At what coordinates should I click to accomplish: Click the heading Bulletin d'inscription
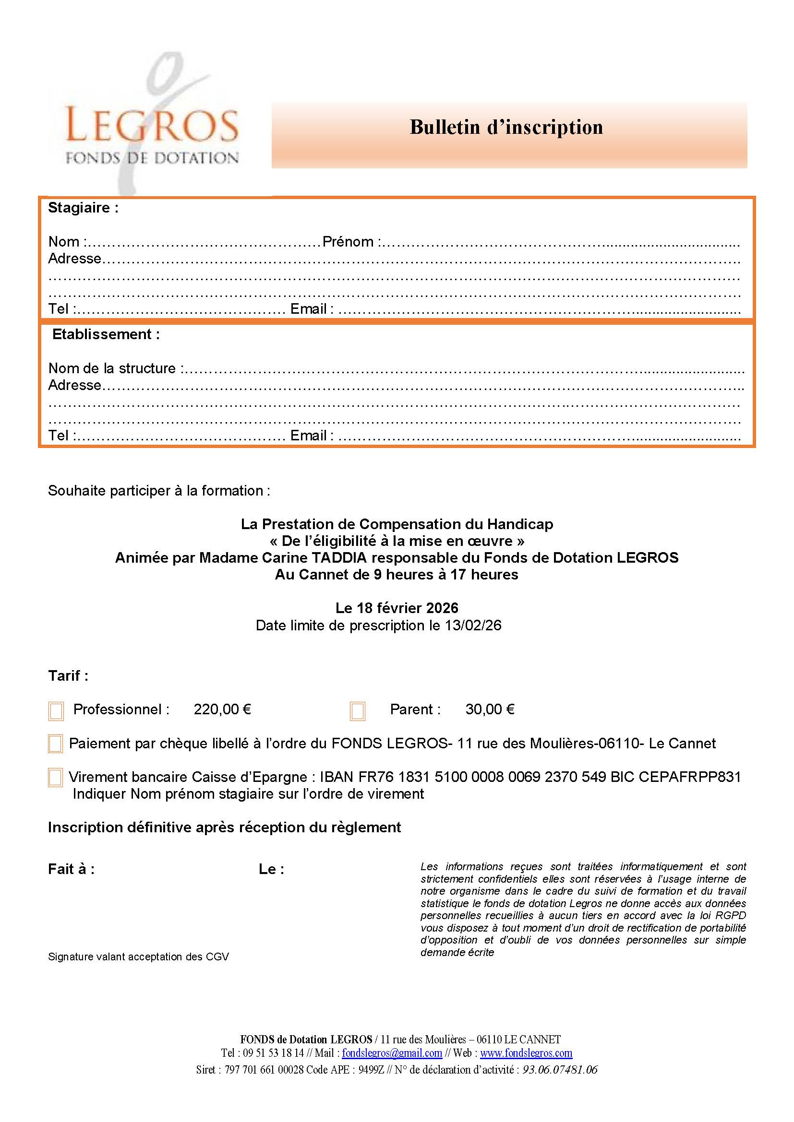(506, 128)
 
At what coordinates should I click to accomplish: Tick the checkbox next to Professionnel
(56, 711)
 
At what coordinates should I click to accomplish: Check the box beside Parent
(358, 711)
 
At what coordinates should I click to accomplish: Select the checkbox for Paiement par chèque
(55, 744)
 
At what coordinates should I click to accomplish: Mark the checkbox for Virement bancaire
(55, 778)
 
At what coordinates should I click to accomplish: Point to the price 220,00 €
(222, 709)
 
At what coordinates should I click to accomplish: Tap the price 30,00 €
(490, 709)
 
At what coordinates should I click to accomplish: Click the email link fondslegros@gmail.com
(392, 1053)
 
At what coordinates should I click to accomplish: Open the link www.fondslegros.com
(526, 1053)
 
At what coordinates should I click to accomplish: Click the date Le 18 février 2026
(397, 608)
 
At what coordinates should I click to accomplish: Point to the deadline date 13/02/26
(473, 626)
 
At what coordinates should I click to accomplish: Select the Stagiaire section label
(83, 208)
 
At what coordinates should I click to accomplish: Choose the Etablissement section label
(106, 335)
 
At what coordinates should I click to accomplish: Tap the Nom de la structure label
(116, 368)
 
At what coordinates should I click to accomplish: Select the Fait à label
(72, 869)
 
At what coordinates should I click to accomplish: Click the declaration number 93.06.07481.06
(560, 1070)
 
